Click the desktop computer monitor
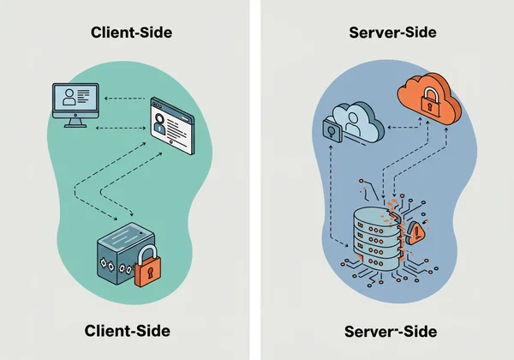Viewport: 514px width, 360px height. [x=78, y=101]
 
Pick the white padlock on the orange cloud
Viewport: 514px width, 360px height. [x=428, y=101]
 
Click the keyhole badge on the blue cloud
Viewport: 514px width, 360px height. [x=330, y=131]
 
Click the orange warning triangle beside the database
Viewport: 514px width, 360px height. [x=418, y=231]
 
